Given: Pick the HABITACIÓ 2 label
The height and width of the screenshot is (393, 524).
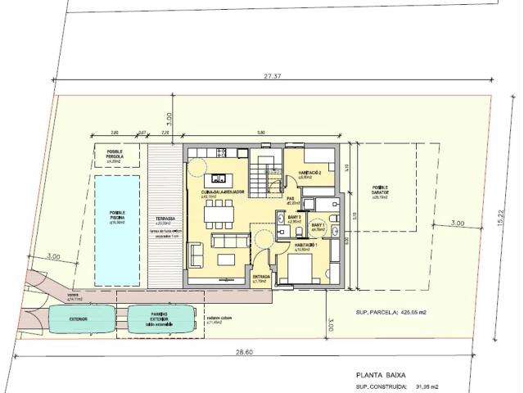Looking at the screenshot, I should pos(309,174).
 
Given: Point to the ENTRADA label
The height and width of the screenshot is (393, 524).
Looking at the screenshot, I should pos(261,278).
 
